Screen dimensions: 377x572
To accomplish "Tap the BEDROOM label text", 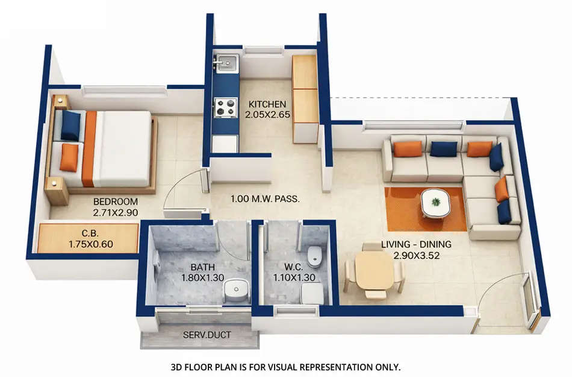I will [x=116, y=201].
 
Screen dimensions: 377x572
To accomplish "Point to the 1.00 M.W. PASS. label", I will [x=266, y=198].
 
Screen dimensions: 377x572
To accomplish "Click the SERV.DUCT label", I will [x=207, y=334].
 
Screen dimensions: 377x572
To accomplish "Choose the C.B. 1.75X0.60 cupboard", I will [x=88, y=238].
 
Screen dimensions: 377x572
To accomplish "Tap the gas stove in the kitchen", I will [x=226, y=107].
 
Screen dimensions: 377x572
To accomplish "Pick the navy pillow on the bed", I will [x=70, y=125].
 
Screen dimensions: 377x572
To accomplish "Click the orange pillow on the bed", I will [x=69, y=157].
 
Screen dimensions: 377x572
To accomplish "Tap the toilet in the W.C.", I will [x=314, y=258].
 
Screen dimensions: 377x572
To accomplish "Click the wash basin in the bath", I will [x=235, y=291].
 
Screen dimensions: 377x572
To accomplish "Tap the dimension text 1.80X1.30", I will [x=202, y=277].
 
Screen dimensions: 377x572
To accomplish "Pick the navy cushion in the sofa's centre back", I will [x=444, y=149].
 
